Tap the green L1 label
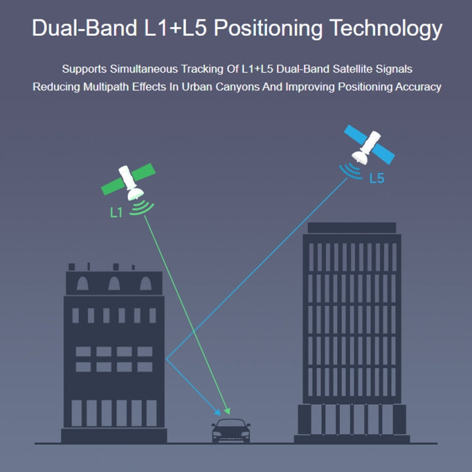point(116,213)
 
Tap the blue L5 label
point(376,178)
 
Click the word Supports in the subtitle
point(84,68)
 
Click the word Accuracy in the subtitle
point(418,87)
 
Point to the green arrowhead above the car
point(227,411)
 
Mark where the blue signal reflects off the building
point(166,359)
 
